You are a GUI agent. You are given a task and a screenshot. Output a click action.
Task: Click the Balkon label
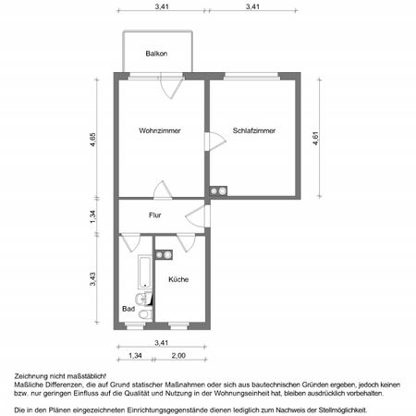click(155, 54)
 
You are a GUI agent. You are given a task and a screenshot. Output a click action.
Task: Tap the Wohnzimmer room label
click(160, 130)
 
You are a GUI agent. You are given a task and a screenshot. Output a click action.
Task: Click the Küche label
click(179, 278)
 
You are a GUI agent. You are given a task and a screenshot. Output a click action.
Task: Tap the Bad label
click(127, 309)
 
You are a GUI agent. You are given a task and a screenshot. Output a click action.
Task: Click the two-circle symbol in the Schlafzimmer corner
click(220, 191)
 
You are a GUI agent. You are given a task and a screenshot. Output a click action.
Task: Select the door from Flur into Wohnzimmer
click(162, 190)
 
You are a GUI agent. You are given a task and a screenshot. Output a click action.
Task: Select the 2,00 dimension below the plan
click(177, 356)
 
